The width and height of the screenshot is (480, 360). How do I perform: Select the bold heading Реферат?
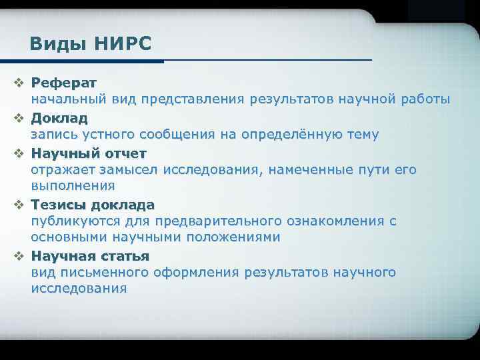coord(64,83)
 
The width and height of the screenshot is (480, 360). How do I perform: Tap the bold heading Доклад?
coord(59,118)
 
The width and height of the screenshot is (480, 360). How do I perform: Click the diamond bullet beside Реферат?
coord(19,83)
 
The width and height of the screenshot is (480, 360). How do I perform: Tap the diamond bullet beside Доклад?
coord(19,118)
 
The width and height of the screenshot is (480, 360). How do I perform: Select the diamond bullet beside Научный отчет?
coord(19,153)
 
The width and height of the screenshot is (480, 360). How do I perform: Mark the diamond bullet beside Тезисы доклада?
coord(19,205)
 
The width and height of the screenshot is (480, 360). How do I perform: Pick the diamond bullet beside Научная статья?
coord(19,256)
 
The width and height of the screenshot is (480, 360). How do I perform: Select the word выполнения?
coord(73,185)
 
